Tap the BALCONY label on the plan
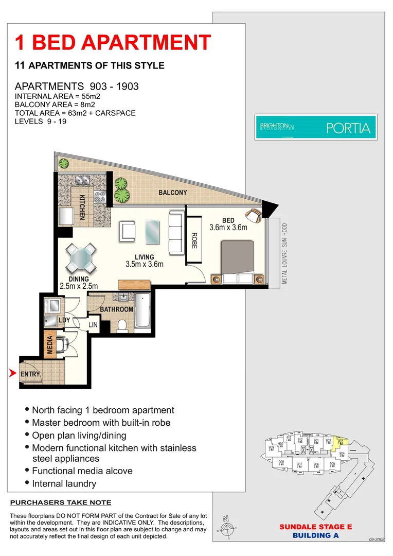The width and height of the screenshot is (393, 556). pos(172,193)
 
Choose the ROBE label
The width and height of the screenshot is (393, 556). pos(194,240)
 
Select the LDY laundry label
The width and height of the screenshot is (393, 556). pos(64,320)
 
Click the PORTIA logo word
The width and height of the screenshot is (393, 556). pos(348,128)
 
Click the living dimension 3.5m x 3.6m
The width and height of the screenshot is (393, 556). pos(144,265)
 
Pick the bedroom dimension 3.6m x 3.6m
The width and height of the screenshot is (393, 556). pos(228,227)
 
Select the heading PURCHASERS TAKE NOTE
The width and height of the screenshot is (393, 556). pos(61,502)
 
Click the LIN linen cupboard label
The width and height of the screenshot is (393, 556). pos(93,325)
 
